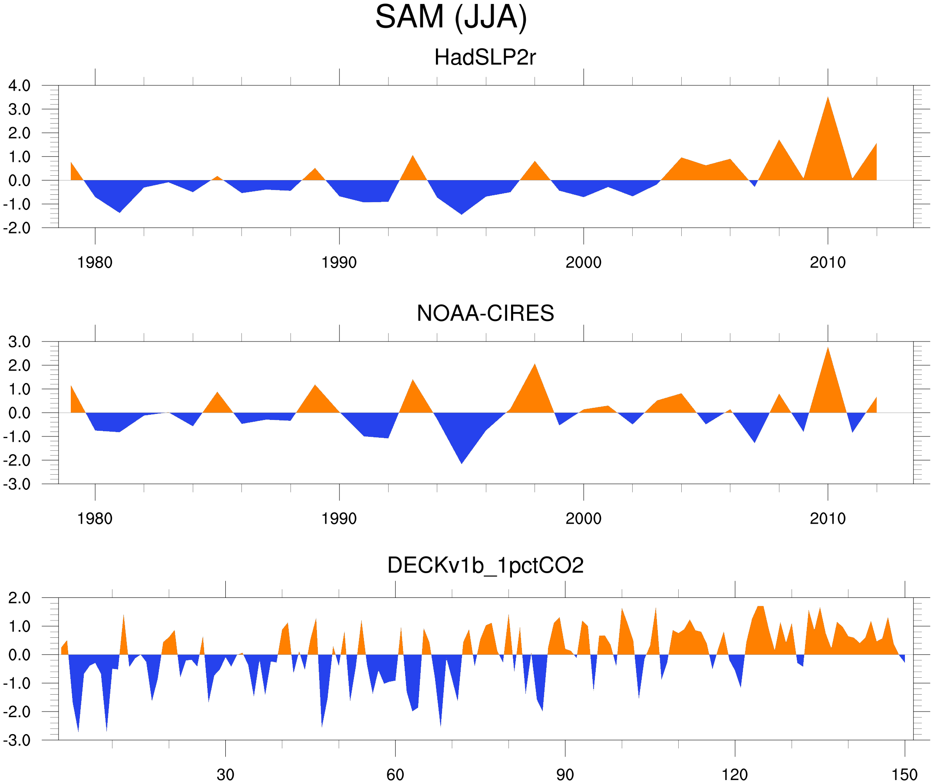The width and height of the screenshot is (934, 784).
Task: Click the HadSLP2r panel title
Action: (485, 58)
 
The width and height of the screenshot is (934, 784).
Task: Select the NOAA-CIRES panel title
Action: (485, 313)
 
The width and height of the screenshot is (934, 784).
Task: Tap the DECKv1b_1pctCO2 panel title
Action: (485, 565)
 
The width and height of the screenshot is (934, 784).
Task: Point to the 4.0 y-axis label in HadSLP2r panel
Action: (19, 86)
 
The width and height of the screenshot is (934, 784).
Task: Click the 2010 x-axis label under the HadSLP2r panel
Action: (827, 262)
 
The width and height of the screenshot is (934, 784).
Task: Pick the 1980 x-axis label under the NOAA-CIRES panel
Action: (95, 518)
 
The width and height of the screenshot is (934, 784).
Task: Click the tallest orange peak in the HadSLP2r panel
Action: (828, 98)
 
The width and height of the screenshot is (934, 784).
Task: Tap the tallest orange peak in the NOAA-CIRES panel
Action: (828, 349)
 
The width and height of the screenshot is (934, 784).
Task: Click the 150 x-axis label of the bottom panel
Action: (904, 774)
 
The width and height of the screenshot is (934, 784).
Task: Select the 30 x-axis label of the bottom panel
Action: (225, 774)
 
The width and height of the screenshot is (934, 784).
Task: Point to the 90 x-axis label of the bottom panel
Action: (565, 774)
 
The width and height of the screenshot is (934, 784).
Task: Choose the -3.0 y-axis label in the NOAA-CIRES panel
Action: (17, 485)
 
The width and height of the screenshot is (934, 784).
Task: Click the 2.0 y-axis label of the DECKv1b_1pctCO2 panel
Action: (19, 598)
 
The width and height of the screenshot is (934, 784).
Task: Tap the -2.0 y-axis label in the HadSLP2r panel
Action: (17, 229)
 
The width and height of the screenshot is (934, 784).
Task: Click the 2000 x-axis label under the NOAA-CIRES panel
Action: (583, 518)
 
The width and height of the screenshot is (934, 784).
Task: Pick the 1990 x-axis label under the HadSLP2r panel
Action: (339, 262)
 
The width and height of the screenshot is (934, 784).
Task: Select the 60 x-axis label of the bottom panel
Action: (395, 774)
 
